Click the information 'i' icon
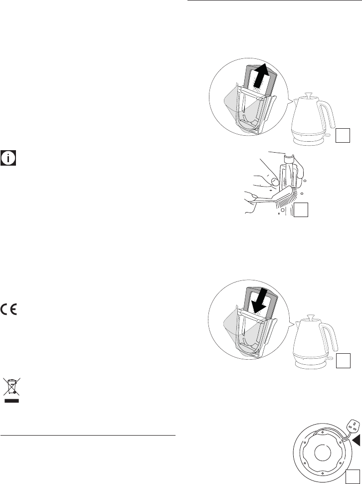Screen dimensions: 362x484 (9, 158)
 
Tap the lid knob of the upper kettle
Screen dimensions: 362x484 (308, 94)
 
